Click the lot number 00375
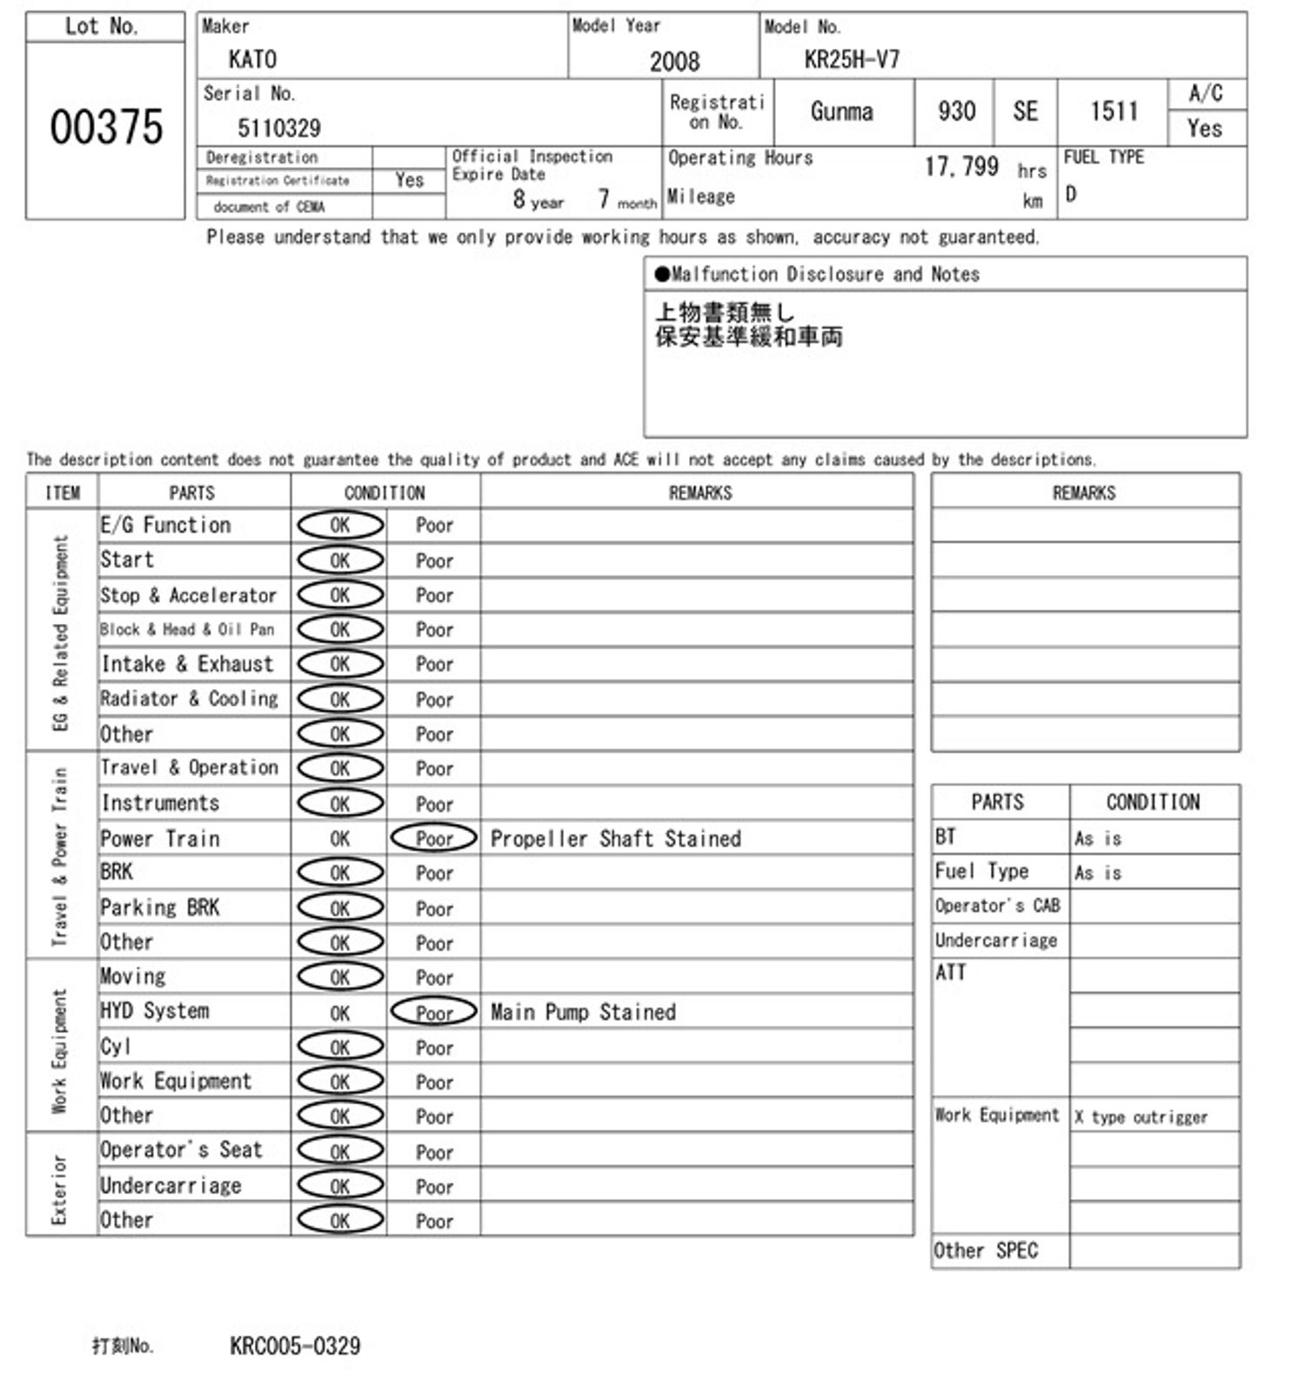[106, 127]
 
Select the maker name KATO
[252, 59]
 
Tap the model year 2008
[674, 61]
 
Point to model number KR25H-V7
[852, 59]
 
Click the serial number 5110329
[279, 129]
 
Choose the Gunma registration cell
[841, 111]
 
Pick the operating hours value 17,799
[961, 166]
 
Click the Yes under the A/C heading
[1205, 129]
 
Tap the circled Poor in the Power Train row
[434, 838]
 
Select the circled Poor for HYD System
[434, 1012]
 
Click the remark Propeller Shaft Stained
[616, 838]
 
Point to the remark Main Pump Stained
[583, 1012]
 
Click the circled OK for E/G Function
[340, 525]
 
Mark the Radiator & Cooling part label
[190, 699]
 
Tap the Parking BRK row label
[160, 908]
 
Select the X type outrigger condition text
[1141, 1116]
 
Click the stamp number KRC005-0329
[295, 1346]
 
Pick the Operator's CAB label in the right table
[997, 906]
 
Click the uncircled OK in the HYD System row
[340, 1013]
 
